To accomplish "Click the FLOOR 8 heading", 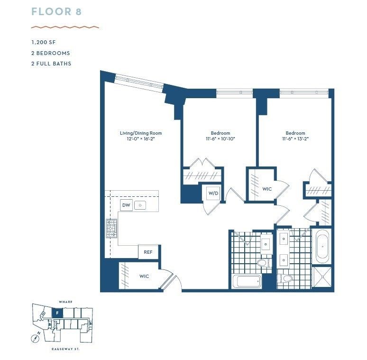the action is [56, 12].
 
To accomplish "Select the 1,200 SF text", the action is [44, 42].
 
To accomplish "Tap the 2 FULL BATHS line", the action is [51, 64].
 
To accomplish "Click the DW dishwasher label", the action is [126, 205].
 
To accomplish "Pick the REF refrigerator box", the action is [148, 252].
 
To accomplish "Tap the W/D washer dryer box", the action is [213, 193].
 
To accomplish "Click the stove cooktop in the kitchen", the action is [111, 228].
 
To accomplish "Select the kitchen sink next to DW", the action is [140, 205].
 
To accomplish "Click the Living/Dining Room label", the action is [141, 133].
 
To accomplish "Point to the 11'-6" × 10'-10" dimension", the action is [220, 139].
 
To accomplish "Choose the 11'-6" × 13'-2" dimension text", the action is [295, 138].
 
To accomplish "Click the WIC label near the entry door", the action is [144, 277].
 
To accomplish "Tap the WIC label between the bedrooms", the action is [267, 189].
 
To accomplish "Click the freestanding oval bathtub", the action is [322, 247].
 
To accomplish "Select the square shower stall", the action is [322, 277].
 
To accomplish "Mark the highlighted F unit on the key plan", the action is [57, 313].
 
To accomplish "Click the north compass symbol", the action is [36, 338].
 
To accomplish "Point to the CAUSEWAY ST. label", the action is [65, 349].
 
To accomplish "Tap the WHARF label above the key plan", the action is [66, 302].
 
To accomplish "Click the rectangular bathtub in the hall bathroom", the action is [247, 281].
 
